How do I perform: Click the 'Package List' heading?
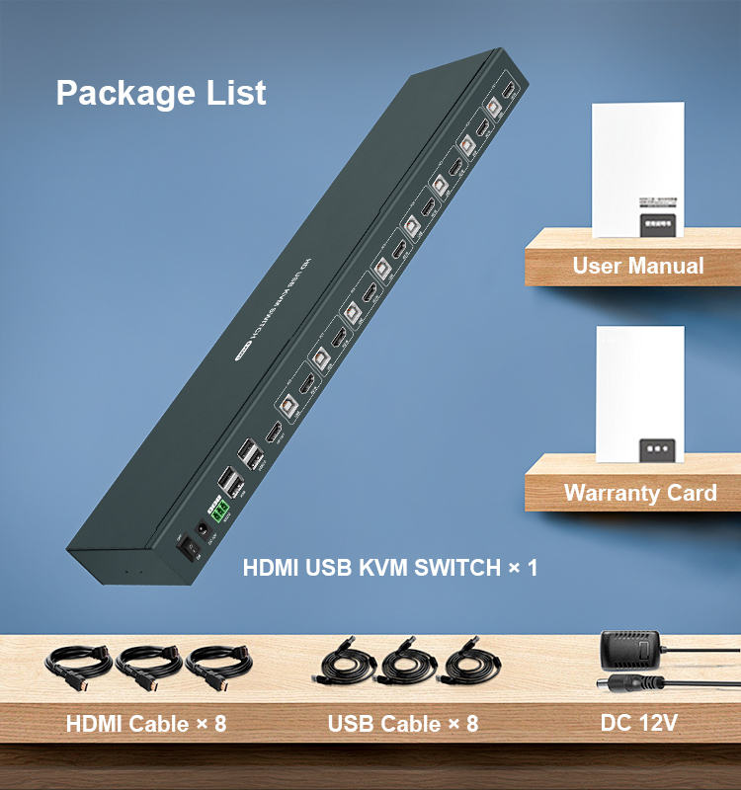pyautogui.click(x=161, y=93)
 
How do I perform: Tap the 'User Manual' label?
pyautogui.click(x=637, y=266)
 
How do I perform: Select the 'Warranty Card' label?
pyautogui.click(x=639, y=492)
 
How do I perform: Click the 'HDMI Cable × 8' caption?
pyautogui.click(x=146, y=724)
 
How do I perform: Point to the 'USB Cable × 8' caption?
pyautogui.click(x=403, y=724)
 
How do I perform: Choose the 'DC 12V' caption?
pyautogui.click(x=639, y=724)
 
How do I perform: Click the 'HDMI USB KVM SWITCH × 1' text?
pyautogui.click(x=390, y=569)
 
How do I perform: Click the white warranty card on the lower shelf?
pyautogui.click(x=640, y=393)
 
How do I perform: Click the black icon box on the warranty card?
pyautogui.click(x=658, y=447)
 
